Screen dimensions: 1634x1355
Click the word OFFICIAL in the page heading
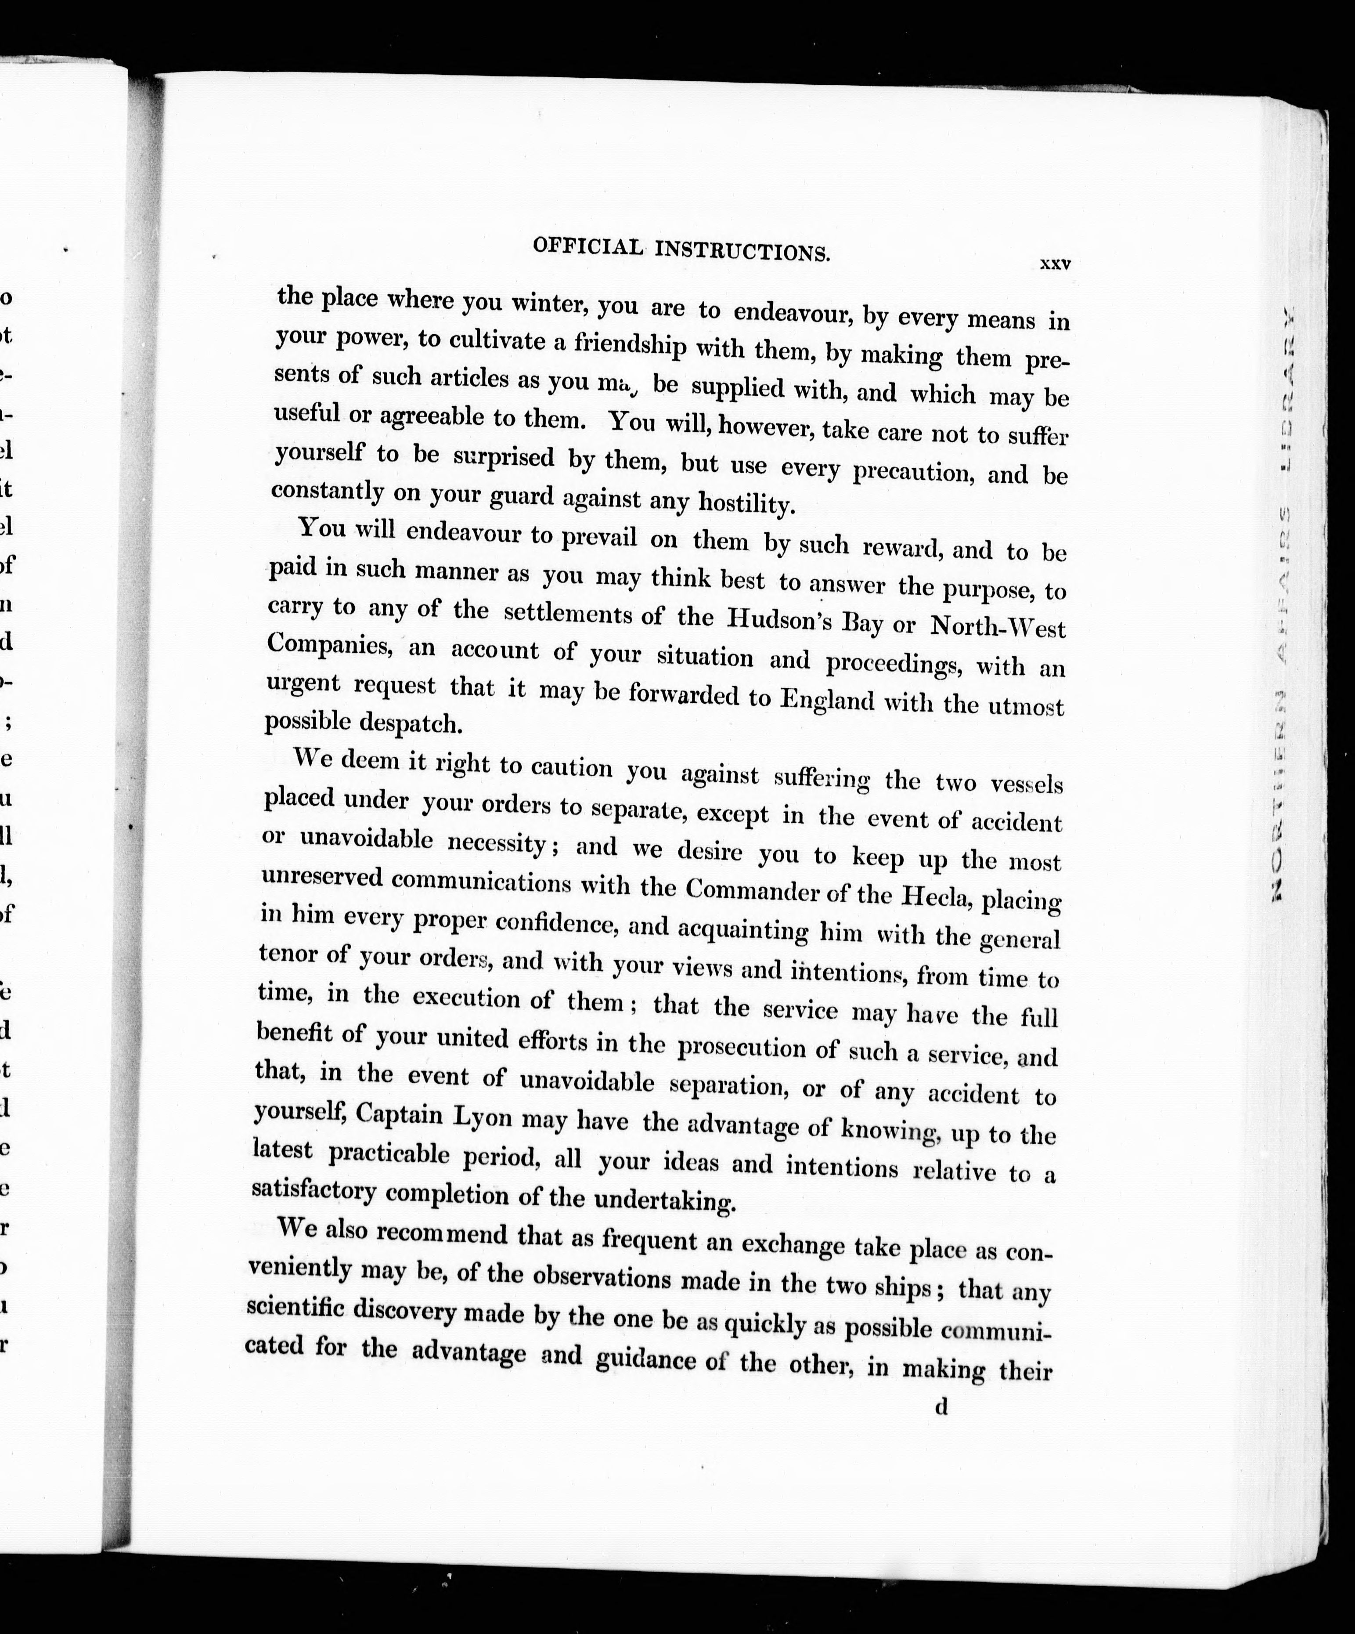(x=587, y=247)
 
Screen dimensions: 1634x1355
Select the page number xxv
(x=1056, y=264)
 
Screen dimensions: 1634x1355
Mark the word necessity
(x=499, y=842)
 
